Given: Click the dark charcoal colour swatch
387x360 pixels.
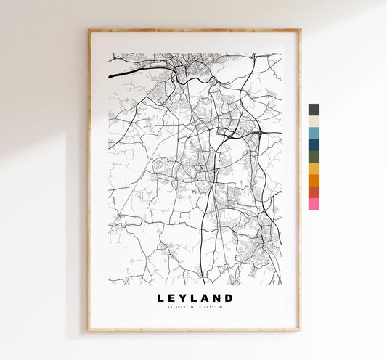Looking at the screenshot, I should (x=313, y=110).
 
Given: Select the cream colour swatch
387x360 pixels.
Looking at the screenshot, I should (x=313, y=121).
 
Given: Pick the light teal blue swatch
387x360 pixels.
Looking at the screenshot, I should (x=313, y=133).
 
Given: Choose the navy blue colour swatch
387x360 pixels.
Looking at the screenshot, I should (x=313, y=145).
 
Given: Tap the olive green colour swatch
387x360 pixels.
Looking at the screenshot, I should (x=313, y=157).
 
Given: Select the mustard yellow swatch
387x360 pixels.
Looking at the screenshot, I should (x=313, y=168).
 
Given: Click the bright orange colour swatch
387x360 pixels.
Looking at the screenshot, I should (x=313, y=180).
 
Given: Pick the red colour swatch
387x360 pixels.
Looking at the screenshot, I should (x=313, y=192).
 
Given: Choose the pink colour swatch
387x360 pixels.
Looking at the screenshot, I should (x=313, y=204).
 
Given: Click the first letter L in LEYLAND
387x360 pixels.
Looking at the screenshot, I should (x=160, y=298).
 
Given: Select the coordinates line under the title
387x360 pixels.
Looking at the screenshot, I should (x=194, y=308).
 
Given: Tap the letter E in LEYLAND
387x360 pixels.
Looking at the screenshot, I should (x=172, y=298).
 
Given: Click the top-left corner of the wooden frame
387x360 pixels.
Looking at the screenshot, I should (x=89, y=30).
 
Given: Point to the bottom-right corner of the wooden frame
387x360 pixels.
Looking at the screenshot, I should (x=299, y=330).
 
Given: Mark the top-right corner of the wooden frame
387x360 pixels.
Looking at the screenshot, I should (x=299, y=30).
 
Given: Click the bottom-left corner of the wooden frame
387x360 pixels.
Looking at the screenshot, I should (x=89, y=330).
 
